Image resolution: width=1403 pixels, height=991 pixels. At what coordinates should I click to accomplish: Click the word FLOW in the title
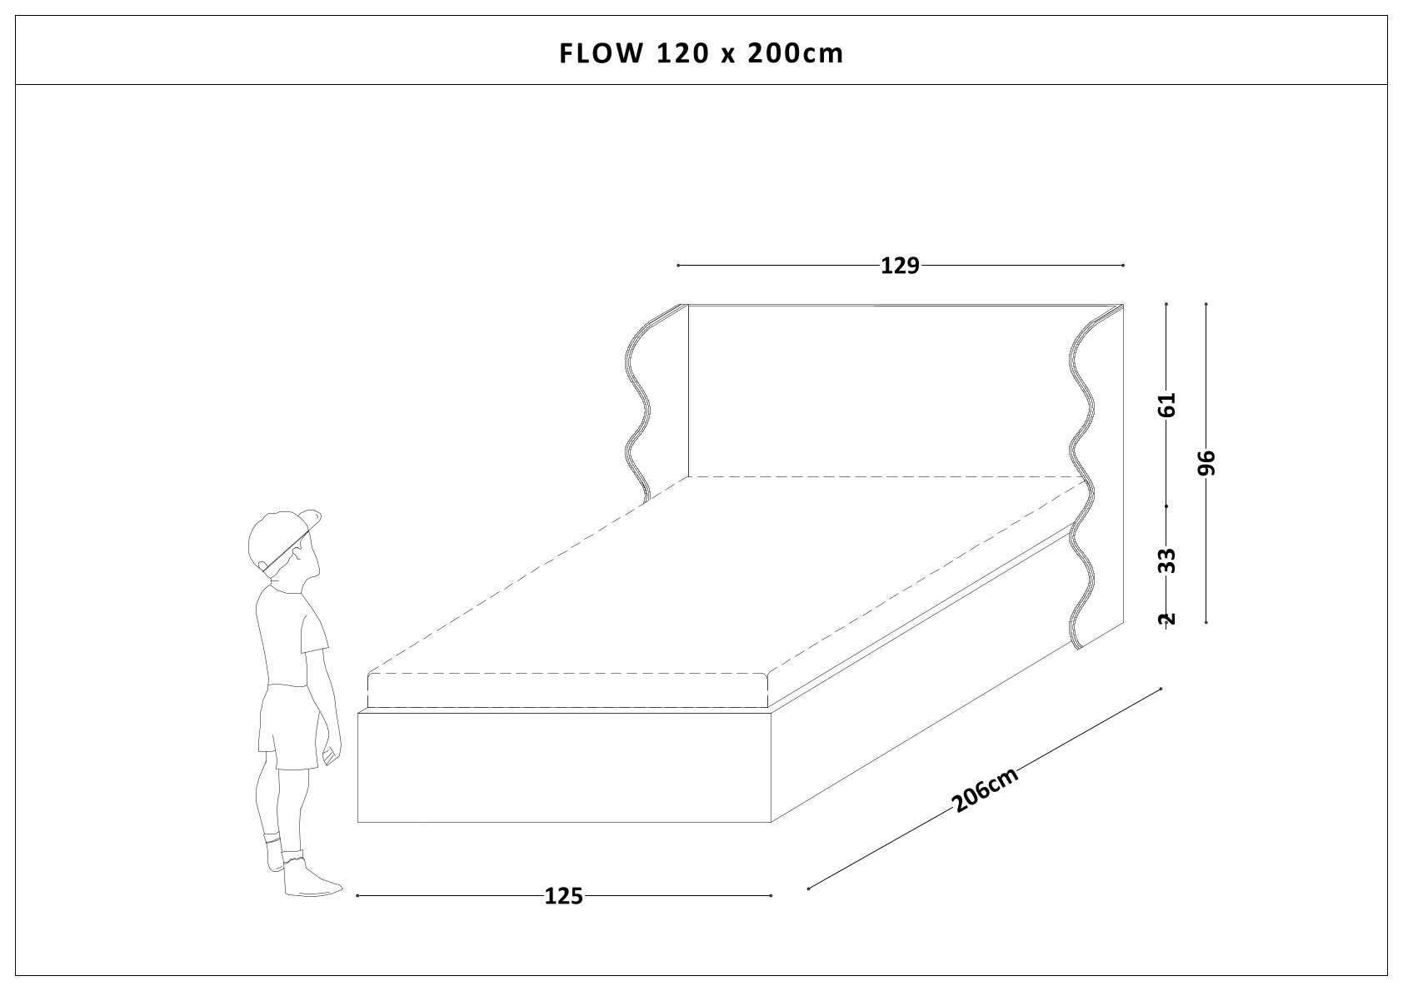tap(600, 53)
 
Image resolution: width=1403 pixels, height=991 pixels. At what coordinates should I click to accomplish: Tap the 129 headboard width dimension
tap(900, 266)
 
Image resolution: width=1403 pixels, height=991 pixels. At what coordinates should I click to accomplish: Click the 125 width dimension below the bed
tap(563, 896)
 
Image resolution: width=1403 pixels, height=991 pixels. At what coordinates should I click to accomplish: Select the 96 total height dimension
tap(1207, 463)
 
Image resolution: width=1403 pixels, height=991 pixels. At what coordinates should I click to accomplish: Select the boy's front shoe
tap(310, 881)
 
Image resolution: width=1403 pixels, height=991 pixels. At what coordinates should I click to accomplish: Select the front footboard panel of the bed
tap(565, 766)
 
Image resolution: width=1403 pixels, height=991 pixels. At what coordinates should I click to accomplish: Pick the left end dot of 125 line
tap(357, 896)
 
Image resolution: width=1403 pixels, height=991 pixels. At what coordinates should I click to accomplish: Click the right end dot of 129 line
tap(1124, 266)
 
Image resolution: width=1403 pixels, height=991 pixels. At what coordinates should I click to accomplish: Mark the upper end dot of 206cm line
tap(1161, 689)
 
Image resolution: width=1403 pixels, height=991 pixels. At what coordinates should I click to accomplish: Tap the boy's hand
tap(331, 754)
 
